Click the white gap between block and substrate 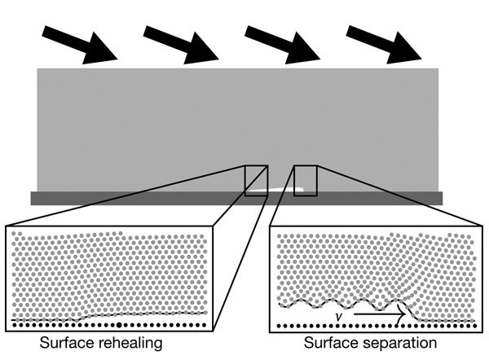click(273, 191)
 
